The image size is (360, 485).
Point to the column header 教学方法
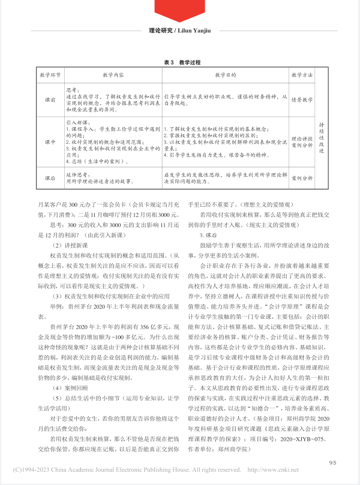302,76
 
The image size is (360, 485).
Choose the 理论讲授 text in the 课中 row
302,137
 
